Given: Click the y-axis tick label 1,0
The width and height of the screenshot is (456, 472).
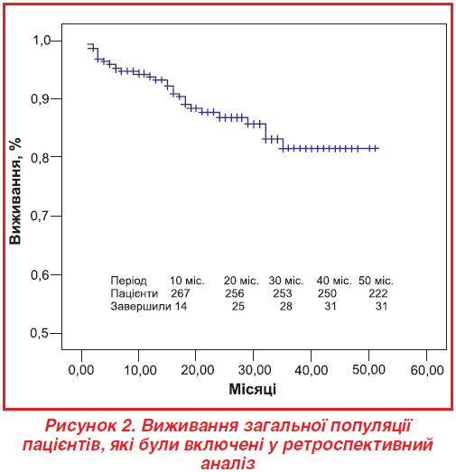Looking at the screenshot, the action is (41, 40).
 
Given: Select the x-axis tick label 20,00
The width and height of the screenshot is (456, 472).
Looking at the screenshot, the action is (197, 370).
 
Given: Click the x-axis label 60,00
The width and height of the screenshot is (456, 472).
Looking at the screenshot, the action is (427, 370).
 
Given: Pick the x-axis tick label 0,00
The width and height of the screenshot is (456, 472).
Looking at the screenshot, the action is (81, 370).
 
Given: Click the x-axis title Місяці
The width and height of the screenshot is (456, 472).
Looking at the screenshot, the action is (253, 389).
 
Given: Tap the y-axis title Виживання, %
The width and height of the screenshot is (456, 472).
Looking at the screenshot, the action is (15, 190).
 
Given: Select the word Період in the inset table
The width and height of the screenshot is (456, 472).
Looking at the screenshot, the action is (128, 281).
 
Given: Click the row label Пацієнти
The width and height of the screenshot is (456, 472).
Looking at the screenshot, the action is (134, 293).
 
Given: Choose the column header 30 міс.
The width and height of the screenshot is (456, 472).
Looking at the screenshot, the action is (286, 281).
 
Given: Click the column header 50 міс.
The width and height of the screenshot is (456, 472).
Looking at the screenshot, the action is (376, 281).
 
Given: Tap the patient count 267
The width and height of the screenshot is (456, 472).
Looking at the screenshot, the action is (181, 293).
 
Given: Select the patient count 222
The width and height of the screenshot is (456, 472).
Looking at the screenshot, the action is (378, 293).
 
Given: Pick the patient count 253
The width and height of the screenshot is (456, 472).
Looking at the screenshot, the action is (283, 293).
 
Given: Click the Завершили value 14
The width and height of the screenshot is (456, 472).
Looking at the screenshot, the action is (181, 307).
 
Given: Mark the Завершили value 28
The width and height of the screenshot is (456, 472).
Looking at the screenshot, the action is (286, 307).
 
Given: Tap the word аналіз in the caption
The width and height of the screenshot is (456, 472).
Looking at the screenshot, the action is (228, 463).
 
